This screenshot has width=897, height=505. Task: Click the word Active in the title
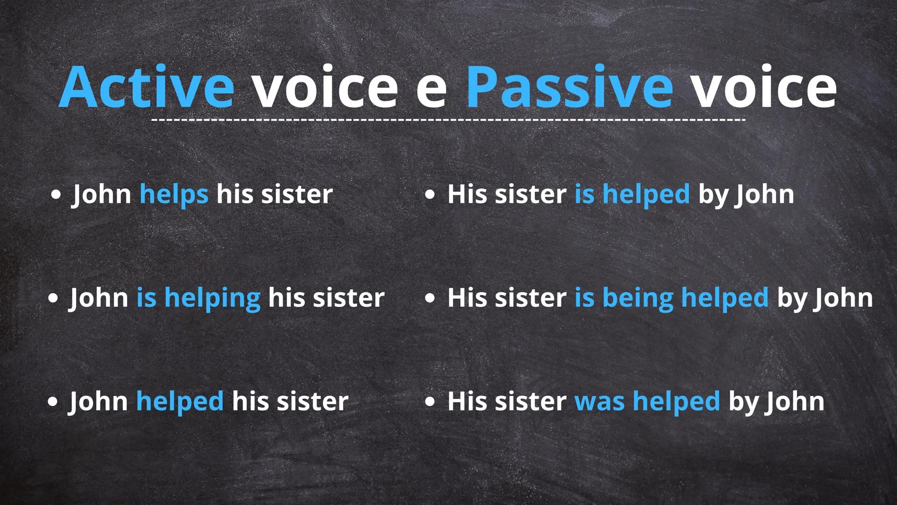[x=147, y=87]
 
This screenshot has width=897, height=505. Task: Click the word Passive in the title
[x=569, y=87]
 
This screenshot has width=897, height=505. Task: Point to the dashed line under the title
[x=448, y=120]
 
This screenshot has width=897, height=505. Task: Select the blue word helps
[x=174, y=194]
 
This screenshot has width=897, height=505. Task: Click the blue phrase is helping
[x=198, y=298]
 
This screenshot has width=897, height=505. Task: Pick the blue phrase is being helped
[x=671, y=298]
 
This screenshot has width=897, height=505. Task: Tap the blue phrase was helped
[x=647, y=401]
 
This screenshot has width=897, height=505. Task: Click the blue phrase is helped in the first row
[x=632, y=194]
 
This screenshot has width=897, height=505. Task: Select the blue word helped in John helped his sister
[x=180, y=401]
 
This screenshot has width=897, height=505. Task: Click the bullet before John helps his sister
[x=56, y=195]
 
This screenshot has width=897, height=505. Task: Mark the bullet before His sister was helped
[x=430, y=402]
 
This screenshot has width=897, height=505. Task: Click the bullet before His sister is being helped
[x=430, y=298]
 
